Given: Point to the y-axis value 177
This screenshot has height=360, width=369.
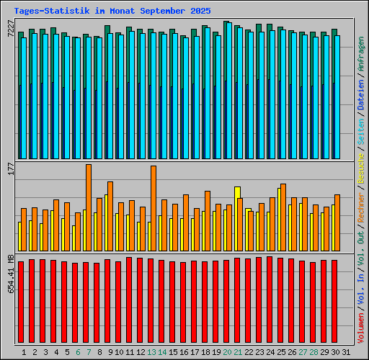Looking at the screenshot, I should pyautogui.click(x=9, y=168).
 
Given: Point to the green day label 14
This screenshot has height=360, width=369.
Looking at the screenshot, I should pyautogui.click(x=162, y=351).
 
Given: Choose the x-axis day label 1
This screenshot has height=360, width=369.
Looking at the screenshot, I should pyautogui.click(x=25, y=351).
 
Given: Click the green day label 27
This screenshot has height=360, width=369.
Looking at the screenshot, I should pyautogui.click(x=303, y=351).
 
